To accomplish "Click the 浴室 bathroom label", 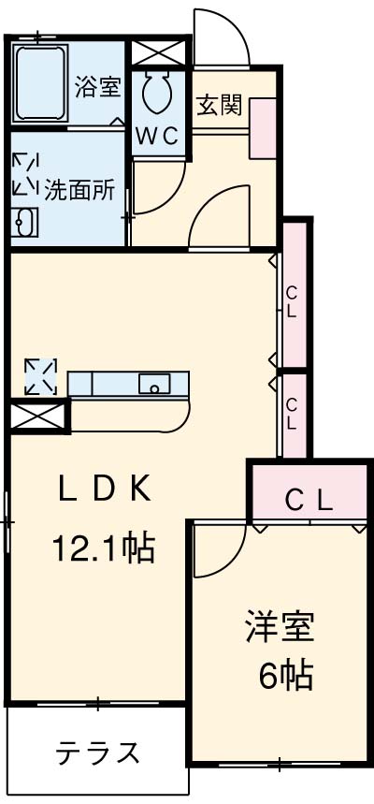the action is (98, 86).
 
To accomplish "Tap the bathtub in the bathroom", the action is (40, 83).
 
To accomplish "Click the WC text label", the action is (157, 137).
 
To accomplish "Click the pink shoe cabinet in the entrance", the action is (263, 128).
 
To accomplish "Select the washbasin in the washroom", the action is (25, 223).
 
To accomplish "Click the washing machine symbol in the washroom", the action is (25, 173).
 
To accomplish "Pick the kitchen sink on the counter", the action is (154, 384).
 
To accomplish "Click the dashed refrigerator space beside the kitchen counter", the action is (41, 377).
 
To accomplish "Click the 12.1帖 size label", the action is (102, 548).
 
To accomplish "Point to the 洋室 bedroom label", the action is (280, 626).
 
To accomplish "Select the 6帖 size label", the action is (285, 676).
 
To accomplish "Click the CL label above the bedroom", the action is (309, 501).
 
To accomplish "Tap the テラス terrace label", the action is (97, 753).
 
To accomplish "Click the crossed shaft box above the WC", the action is (157, 52).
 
